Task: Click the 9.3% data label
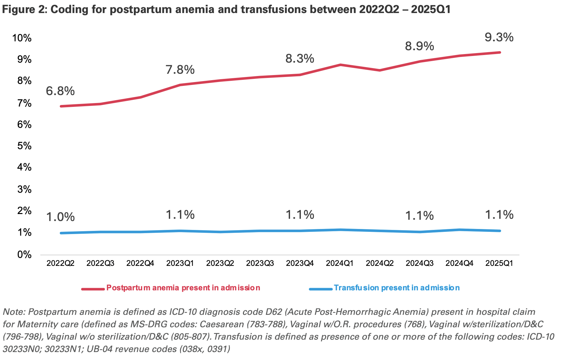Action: (499, 38)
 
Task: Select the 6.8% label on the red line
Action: (60, 91)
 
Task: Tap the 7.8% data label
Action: (180, 70)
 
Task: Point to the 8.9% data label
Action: (419, 46)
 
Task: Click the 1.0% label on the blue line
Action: (60, 217)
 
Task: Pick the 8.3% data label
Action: (300, 59)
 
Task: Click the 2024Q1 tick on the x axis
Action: (340, 263)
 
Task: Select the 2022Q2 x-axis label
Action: (60, 263)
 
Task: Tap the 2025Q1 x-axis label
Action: (499, 263)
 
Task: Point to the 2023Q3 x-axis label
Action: (260, 263)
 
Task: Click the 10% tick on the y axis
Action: (22, 38)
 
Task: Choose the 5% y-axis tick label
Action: (24, 146)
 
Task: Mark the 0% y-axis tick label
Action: (24, 255)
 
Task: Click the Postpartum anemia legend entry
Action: (183, 288)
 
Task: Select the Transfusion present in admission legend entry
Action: (396, 288)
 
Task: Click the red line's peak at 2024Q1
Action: (340, 65)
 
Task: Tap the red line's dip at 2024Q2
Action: (380, 70)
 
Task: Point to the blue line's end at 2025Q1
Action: (500, 231)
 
